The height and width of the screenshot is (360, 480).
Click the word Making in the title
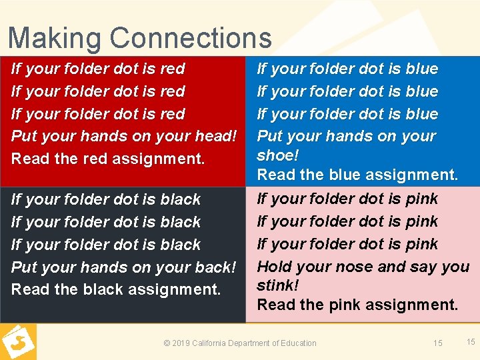pyautogui.click(x=55, y=39)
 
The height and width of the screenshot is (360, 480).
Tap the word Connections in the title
pyautogui.click(x=191, y=38)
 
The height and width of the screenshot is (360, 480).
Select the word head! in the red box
pyautogui.click(x=214, y=136)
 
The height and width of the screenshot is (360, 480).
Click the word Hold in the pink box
pyautogui.click(x=273, y=267)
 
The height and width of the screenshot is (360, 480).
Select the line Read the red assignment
pyautogui.click(x=108, y=159)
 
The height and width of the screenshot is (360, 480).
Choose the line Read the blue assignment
pyautogui.click(x=357, y=175)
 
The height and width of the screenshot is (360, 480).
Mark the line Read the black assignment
pyautogui.click(x=116, y=290)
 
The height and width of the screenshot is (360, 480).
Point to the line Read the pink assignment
pyautogui.click(x=357, y=305)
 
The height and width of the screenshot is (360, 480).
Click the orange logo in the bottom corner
pyautogui.click(x=18, y=341)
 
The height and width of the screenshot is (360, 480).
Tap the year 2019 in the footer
pyautogui.click(x=182, y=343)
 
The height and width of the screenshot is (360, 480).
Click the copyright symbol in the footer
pyautogui.click(x=167, y=343)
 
